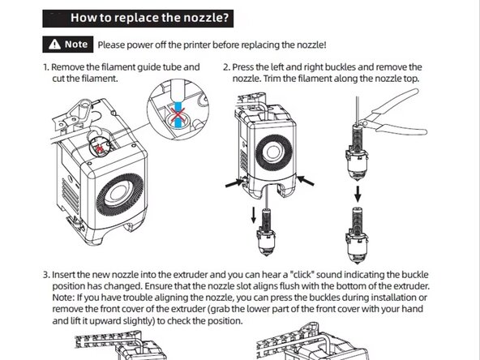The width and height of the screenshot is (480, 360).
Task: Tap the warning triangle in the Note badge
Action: pos(54,44)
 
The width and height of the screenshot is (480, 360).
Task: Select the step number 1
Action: pos(45,66)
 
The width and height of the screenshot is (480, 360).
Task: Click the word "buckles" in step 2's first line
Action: pos(342,66)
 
